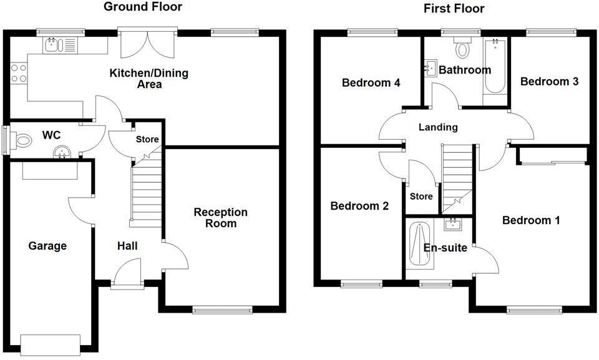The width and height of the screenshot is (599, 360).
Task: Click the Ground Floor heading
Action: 143,7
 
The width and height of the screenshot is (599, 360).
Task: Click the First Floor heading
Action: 454,8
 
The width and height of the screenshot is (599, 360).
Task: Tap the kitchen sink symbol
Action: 51,44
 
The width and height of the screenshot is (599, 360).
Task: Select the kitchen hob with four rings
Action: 17,74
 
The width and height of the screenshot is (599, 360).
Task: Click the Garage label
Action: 47,246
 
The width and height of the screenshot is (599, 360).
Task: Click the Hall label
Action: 127,246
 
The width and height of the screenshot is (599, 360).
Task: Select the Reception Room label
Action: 220,218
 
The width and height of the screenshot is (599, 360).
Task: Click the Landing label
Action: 438,127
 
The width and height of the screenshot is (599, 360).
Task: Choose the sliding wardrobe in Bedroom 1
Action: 552,163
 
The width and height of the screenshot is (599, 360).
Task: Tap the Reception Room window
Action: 223,309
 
